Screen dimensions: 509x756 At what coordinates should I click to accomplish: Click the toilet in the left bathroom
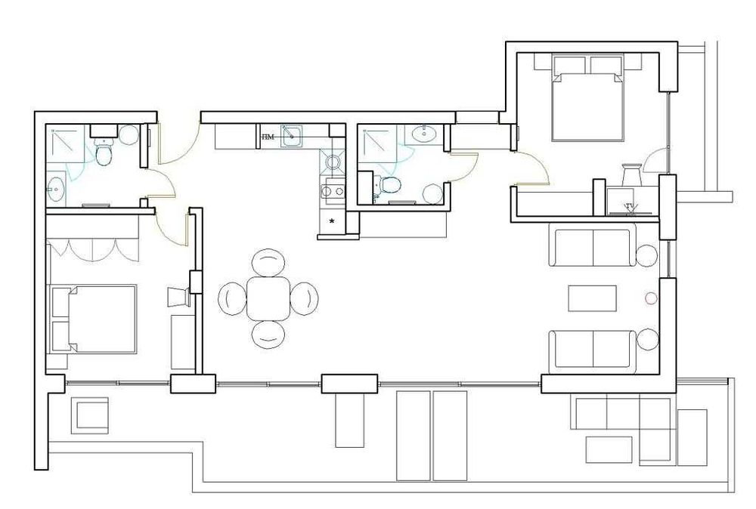[x=104, y=155]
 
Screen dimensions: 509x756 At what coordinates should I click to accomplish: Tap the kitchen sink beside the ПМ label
[x=291, y=136]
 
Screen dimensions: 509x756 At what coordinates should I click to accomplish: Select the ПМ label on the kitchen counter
[x=268, y=137]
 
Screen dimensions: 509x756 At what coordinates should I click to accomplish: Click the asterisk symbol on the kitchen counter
[x=331, y=221]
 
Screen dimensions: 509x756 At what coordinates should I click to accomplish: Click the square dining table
[x=268, y=298]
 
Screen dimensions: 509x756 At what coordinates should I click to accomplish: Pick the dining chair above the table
[x=268, y=264]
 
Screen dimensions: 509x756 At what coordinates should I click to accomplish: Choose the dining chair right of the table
[x=304, y=298]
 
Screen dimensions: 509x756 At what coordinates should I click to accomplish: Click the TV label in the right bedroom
[x=630, y=205]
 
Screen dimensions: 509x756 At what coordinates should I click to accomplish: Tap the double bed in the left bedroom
[x=93, y=319]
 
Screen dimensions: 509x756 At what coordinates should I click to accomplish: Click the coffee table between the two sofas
[x=593, y=298]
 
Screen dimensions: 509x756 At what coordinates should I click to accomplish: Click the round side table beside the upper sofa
[x=646, y=256]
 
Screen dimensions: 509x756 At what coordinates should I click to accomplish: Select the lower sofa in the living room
[x=593, y=350]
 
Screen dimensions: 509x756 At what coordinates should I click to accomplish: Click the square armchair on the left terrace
[x=91, y=416]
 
